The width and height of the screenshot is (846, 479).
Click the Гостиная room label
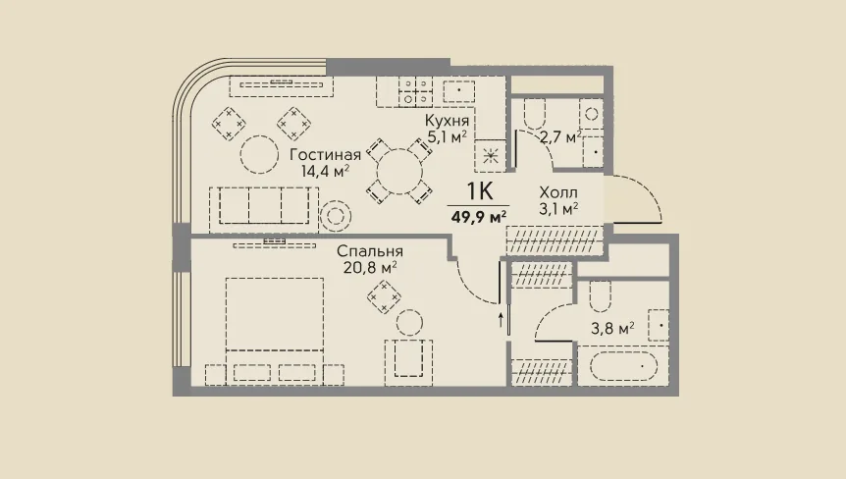325,155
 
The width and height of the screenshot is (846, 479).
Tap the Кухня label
447,121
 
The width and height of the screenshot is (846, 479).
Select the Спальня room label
370,251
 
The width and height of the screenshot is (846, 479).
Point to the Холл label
558,192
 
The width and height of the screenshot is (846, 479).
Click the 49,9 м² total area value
479,217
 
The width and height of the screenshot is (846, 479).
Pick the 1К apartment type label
480,190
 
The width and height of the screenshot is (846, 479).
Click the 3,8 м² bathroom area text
612,328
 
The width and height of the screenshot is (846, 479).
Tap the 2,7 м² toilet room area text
560,137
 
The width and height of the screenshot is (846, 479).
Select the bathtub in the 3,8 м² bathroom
623,366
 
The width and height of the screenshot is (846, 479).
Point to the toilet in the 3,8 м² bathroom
600,296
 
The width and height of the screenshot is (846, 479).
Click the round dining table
399,172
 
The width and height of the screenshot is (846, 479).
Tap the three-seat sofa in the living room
264,210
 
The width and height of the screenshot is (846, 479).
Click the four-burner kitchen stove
415,91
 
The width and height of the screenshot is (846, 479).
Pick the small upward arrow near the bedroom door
501,320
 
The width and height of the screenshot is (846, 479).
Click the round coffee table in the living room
259,154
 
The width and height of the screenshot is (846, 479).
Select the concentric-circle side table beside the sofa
336,216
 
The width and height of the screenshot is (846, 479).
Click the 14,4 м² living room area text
325,171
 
